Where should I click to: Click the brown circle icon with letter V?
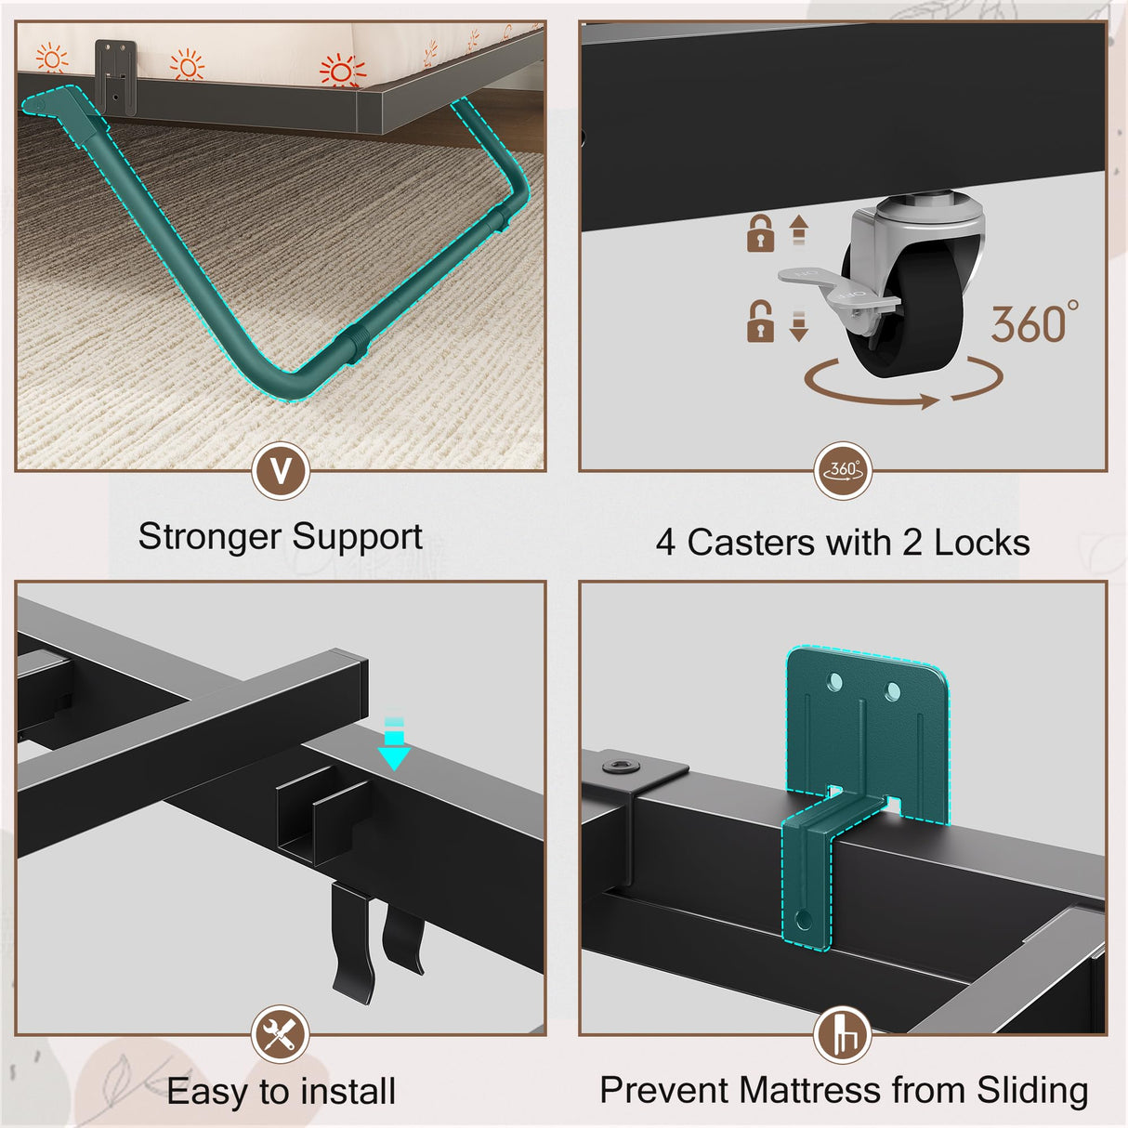point(281,471)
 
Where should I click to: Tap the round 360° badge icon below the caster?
point(843,471)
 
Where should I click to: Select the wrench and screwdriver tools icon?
point(281,1034)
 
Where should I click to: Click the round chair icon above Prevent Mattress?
point(843,1035)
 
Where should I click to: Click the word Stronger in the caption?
point(209,537)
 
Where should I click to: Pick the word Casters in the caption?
point(751,542)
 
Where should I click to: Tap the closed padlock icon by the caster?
point(760,233)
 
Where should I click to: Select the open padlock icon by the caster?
point(760,321)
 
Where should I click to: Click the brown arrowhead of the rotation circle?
point(928,401)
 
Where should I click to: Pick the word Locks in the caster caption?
point(982,542)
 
